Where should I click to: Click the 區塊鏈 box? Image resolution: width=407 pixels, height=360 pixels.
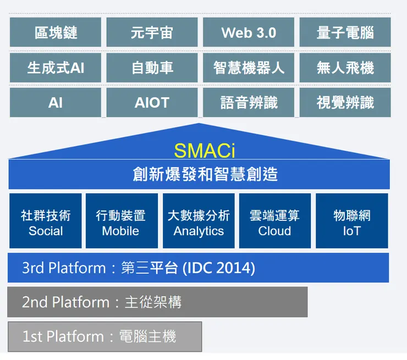56,32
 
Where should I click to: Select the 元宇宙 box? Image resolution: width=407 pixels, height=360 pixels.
152,32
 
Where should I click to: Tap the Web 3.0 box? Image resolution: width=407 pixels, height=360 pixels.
249,32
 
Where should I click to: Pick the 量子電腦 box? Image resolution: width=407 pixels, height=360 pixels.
345,32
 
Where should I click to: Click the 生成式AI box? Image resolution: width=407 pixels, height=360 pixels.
56,68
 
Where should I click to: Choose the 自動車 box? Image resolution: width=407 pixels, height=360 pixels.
152,68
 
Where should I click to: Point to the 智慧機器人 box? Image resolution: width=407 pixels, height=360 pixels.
249,68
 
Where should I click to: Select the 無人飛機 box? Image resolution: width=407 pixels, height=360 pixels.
345,68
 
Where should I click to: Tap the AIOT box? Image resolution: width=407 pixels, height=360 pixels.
152,103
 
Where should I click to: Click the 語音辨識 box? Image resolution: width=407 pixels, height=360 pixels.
249,103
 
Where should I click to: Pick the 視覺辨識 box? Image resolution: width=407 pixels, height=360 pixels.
345,103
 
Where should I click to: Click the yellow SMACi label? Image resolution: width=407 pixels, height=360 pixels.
204,150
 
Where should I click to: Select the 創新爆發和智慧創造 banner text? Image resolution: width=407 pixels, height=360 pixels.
205,174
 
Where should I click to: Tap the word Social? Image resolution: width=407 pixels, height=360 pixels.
46,231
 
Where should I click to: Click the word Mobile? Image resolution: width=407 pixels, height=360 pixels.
120,231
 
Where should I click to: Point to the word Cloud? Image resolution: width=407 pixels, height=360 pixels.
274,231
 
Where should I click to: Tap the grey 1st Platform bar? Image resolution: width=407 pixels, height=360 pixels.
105,336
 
